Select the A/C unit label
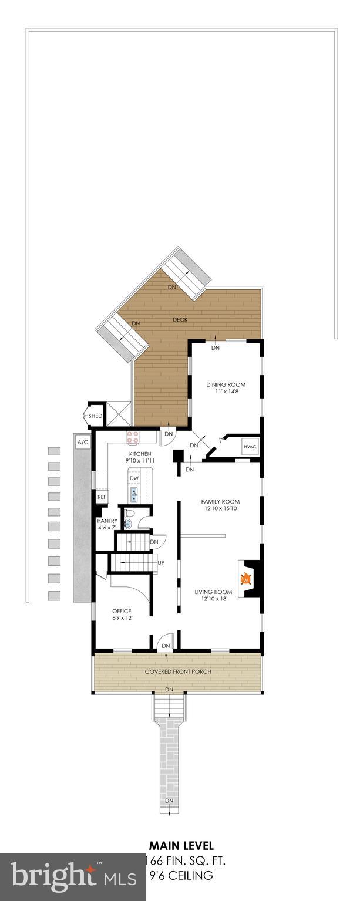tap(82, 442)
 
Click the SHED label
tap(95, 416)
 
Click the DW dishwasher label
tap(134, 479)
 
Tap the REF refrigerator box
tap(102, 497)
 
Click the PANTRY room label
tap(107, 521)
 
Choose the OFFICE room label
tap(122, 611)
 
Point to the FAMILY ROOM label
tap(220, 502)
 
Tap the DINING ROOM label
tap(226, 385)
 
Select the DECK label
tap(180, 320)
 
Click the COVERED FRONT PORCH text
tap(178, 671)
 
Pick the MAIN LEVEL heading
tap(181, 846)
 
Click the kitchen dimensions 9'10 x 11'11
tap(140, 462)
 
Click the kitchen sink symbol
tap(134, 495)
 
